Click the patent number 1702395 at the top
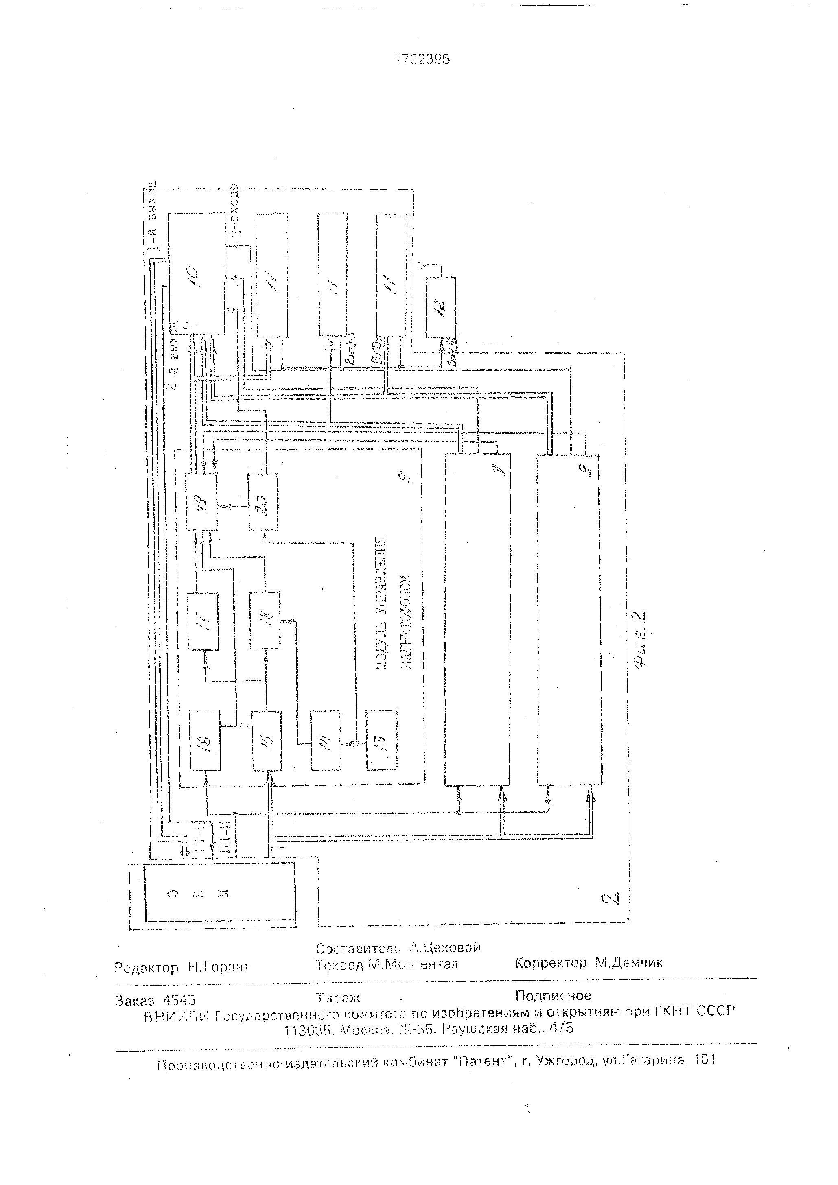(x=422, y=60)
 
